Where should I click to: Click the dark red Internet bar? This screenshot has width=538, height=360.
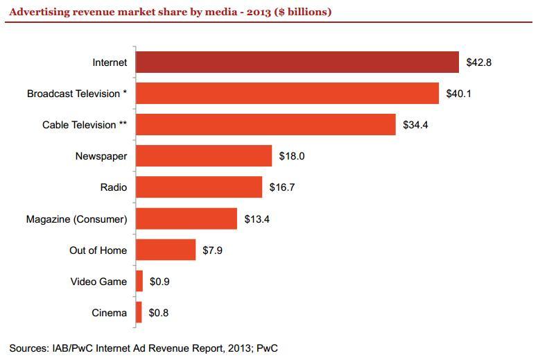pos(297,62)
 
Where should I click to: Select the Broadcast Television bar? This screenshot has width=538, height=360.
pos(287,93)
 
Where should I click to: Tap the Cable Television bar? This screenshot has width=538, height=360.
pos(266,125)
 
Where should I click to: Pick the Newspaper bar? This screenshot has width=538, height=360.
pos(204,156)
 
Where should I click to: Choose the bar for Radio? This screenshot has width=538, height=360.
pos(199,187)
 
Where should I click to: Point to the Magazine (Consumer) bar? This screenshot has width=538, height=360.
pos(186,219)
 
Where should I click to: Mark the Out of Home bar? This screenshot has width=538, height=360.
pos(166,250)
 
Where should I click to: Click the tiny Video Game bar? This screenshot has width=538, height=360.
pos(139,282)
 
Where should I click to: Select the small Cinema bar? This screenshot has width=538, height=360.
pos(139,313)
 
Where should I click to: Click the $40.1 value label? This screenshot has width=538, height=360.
pos(459,94)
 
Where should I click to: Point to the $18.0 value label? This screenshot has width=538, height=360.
pos(292,156)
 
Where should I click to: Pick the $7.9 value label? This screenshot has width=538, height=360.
pos(213,250)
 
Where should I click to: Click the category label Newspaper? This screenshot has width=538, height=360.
pos(101,156)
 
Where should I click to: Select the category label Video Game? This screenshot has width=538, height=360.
pos(98,282)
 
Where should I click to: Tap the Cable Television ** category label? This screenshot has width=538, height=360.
pos(85,125)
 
